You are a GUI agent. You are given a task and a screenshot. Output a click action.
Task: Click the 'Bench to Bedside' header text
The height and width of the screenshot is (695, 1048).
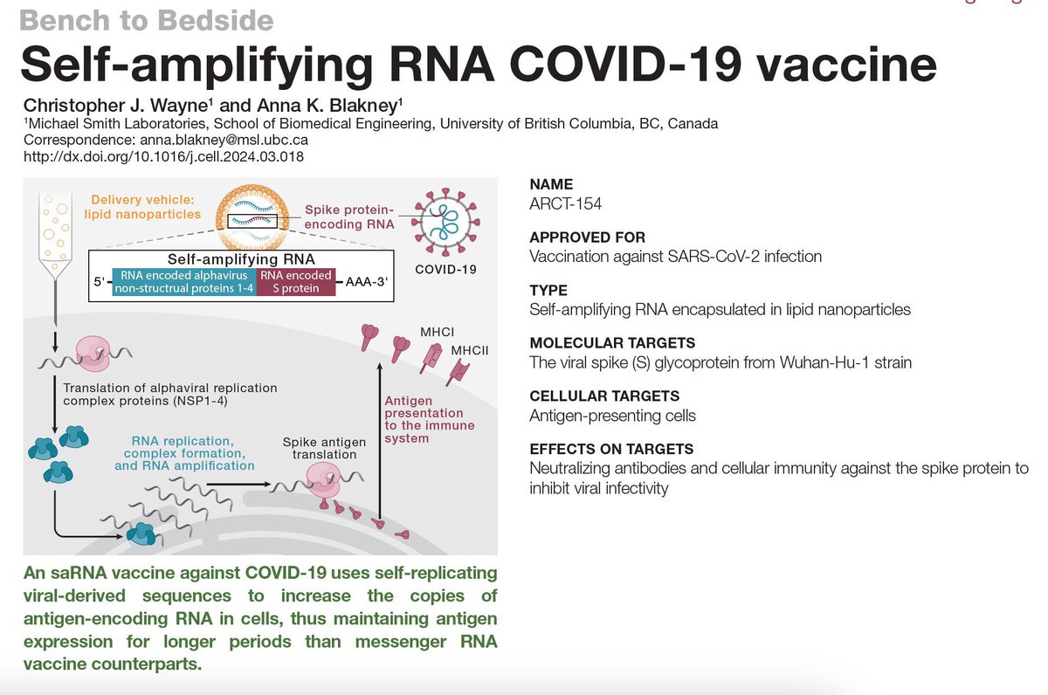tap(148, 19)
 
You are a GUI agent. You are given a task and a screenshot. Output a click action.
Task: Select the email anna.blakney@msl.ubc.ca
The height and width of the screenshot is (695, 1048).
tap(233, 140)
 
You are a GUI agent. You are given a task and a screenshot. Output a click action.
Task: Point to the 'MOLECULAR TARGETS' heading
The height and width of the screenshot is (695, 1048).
tap(601, 343)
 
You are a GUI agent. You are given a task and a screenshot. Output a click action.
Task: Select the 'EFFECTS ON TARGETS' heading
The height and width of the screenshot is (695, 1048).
tap(611, 449)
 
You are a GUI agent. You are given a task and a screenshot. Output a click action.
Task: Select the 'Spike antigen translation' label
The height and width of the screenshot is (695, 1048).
tap(319, 448)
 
